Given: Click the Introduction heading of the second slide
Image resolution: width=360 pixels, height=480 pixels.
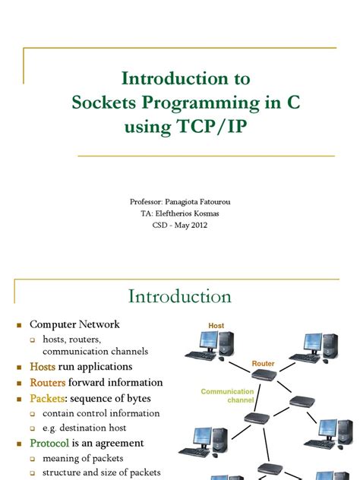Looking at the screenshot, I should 179,296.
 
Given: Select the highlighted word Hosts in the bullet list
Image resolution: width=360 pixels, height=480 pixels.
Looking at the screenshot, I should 43,367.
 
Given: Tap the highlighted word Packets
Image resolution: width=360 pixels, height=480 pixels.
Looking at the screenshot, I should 47,398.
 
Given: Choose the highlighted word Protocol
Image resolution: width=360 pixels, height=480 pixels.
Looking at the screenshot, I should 49,443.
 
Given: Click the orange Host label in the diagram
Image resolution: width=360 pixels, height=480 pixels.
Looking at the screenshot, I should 216,326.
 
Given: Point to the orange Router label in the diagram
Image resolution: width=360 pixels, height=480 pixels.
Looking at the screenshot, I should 263,365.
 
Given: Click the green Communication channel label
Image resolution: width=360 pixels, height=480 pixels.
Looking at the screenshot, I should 227,396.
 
